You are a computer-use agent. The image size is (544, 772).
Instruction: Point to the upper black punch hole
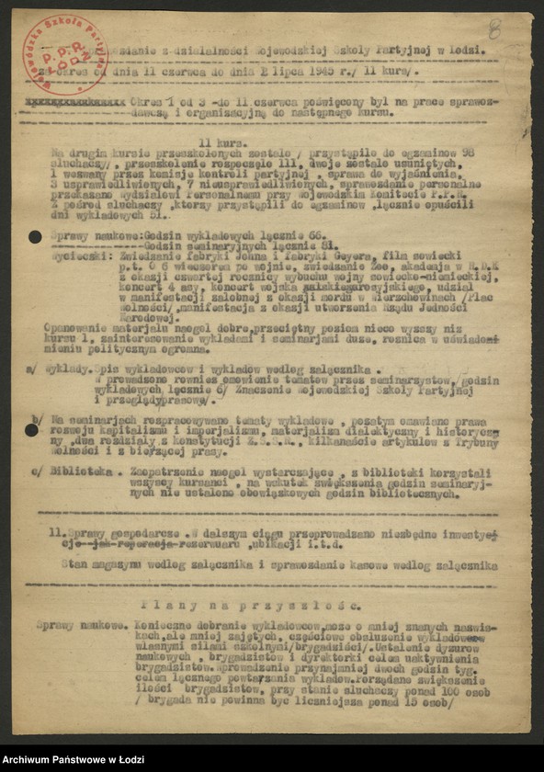pyautogui.click(x=35, y=237)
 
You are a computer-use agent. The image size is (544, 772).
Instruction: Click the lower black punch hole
pyautogui.click(x=32, y=429)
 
